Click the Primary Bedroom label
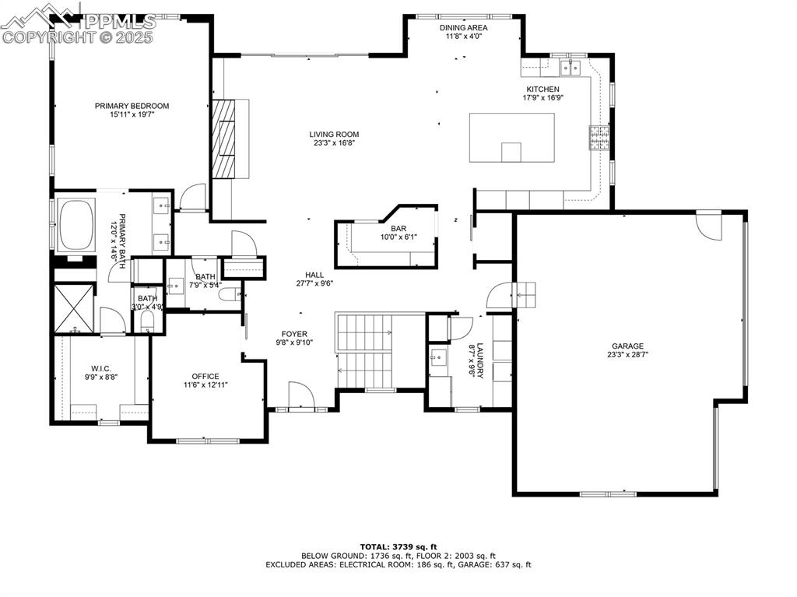point(132,106)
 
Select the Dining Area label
point(464,27)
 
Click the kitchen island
point(511,138)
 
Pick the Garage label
point(627,346)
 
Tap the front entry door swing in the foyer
point(300,395)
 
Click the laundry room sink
point(437,359)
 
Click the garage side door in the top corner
point(708,225)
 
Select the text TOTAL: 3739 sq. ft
point(398,546)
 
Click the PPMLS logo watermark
point(78,22)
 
